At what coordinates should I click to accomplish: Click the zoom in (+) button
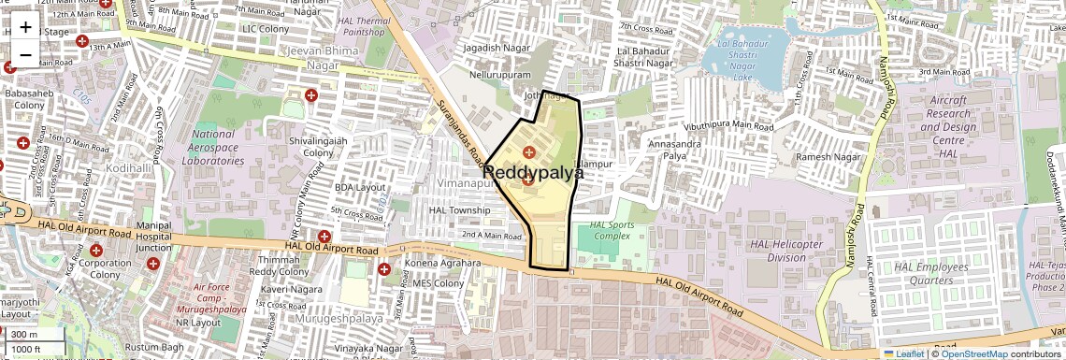click(x=25, y=26)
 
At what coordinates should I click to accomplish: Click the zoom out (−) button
click(x=25, y=54)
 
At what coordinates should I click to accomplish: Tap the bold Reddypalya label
click(x=533, y=173)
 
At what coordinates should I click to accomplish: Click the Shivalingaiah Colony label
click(x=318, y=146)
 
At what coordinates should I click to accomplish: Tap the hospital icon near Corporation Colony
click(x=95, y=250)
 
